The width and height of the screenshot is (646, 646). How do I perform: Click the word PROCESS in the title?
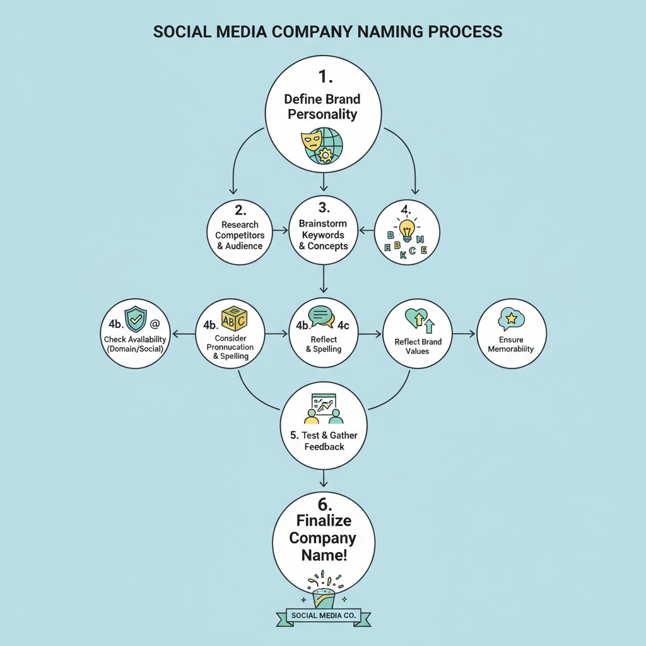461,32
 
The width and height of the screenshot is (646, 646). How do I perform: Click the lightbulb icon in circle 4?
407,230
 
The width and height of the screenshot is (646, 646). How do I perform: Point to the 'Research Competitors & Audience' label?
239,235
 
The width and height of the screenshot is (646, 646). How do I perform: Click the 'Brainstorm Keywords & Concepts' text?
323,235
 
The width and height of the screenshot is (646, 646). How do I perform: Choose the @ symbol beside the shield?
155,324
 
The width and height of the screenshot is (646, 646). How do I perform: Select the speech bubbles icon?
320,317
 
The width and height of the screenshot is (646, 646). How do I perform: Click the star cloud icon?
510,320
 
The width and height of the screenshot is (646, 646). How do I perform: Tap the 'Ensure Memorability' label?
511,344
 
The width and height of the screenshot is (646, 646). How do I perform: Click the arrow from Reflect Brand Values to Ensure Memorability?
463,333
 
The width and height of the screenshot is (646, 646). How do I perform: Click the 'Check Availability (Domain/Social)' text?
136,344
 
